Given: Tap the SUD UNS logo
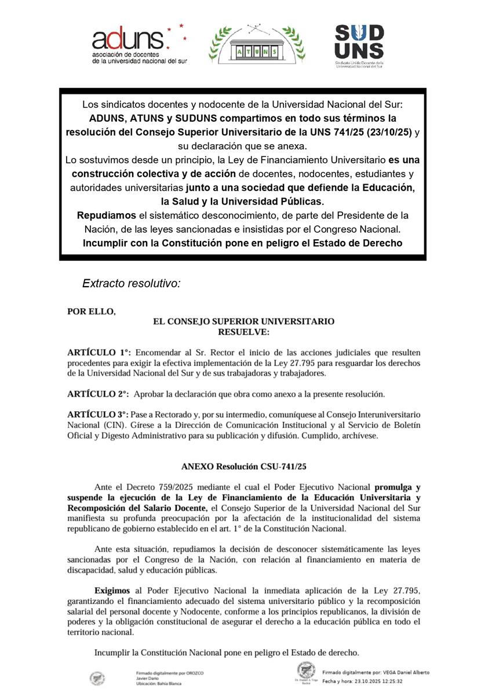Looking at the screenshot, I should [359, 46].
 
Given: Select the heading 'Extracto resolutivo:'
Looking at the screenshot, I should [132, 284].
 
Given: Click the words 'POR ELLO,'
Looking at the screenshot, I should [92, 311].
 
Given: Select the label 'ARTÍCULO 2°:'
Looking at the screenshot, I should [99, 394].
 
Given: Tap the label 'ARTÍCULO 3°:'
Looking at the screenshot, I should [99, 415].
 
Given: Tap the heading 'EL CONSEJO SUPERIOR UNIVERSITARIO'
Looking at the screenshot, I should [243, 321].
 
